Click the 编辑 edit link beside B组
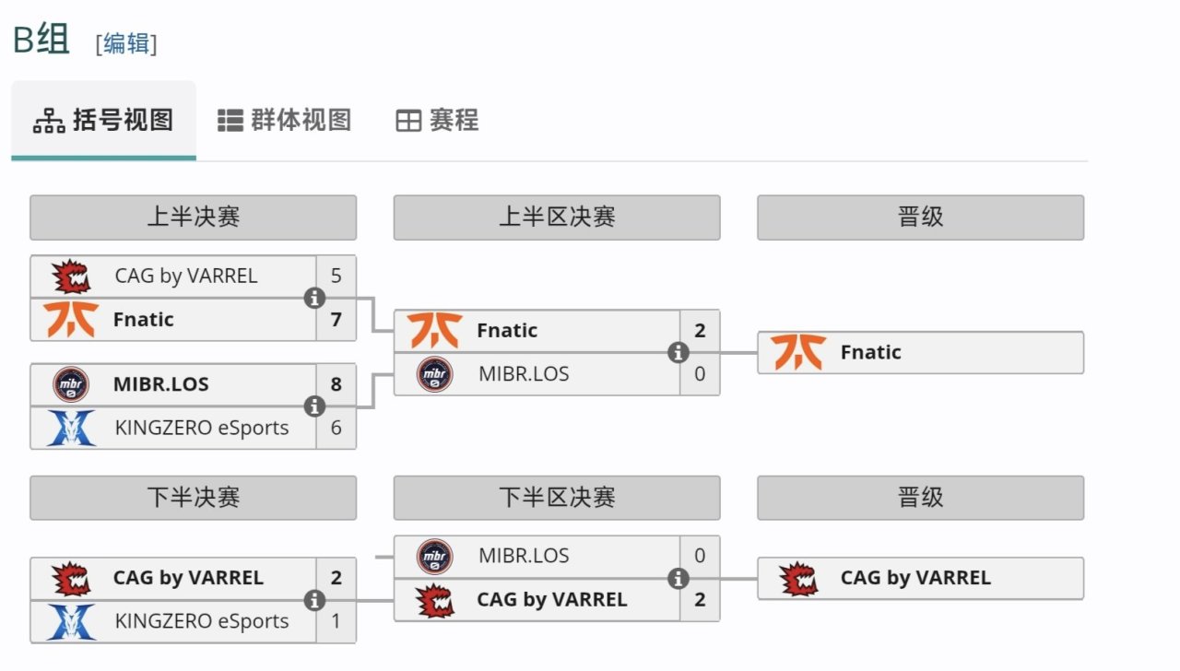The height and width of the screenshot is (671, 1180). pyautogui.click(x=126, y=43)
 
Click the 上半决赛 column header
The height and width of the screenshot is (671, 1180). pyautogui.click(x=193, y=217)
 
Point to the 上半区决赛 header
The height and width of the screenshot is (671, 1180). pyautogui.click(x=557, y=217)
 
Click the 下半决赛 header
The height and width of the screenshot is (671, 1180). pyautogui.click(x=193, y=498)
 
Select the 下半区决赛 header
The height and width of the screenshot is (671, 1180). pyautogui.click(x=557, y=498)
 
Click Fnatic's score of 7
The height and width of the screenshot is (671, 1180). pyautogui.click(x=336, y=320)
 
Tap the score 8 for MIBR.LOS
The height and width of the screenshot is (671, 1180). pyautogui.click(x=336, y=384)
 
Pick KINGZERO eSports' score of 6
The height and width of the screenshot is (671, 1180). pyautogui.click(x=336, y=428)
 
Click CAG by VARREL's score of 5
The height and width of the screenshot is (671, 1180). pyautogui.click(x=336, y=276)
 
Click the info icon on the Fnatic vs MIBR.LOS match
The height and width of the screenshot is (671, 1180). pyautogui.click(x=678, y=352)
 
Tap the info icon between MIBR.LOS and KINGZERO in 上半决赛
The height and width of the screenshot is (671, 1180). pyautogui.click(x=314, y=406)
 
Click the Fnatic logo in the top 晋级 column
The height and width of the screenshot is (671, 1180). pyautogui.click(x=798, y=352)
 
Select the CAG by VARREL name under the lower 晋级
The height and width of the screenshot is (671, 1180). pyautogui.click(x=915, y=578)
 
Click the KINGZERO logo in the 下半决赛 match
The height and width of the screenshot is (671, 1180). pyautogui.click(x=71, y=621)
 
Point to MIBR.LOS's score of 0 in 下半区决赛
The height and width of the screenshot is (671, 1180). pyautogui.click(x=700, y=556)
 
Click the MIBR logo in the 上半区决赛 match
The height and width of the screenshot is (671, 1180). pyautogui.click(x=434, y=374)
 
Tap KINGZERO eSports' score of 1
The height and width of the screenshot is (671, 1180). pyautogui.click(x=336, y=621)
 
